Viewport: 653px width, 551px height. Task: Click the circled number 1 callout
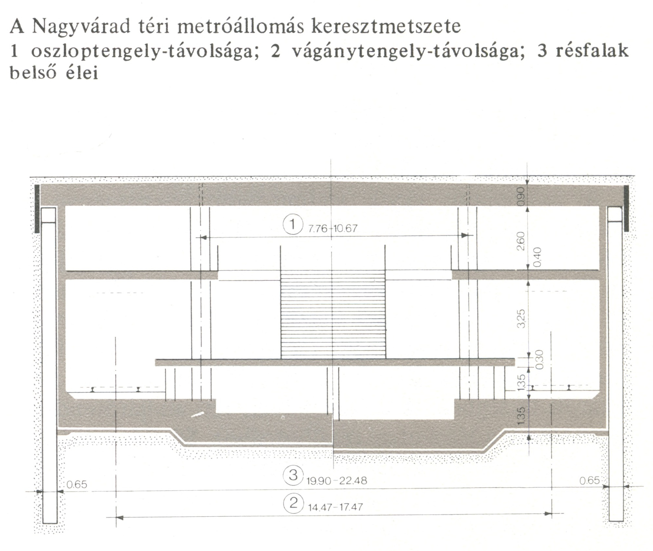pos(293,224)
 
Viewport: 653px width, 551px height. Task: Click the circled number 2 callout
pos(293,503)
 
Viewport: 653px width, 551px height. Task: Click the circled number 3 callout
pos(293,475)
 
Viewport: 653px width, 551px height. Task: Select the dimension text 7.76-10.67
pos(333,229)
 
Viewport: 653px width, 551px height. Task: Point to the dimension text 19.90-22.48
pos(337,481)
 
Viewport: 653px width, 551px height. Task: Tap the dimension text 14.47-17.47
pos(335,508)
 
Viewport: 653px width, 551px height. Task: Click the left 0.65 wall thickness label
pos(77,484)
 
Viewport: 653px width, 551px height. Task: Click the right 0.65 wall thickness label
pos(590,480)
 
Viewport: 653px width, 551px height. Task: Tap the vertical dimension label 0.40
pos(537,257)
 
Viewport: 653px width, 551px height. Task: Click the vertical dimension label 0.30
pos(539,359)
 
